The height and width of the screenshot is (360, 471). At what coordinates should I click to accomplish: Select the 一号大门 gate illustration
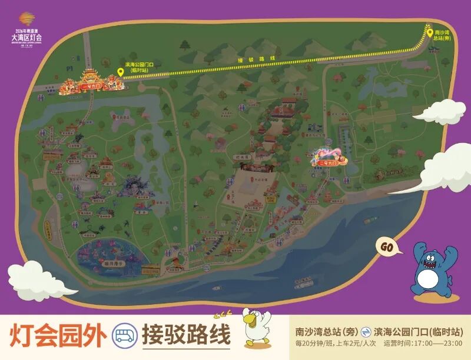(91, 82)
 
